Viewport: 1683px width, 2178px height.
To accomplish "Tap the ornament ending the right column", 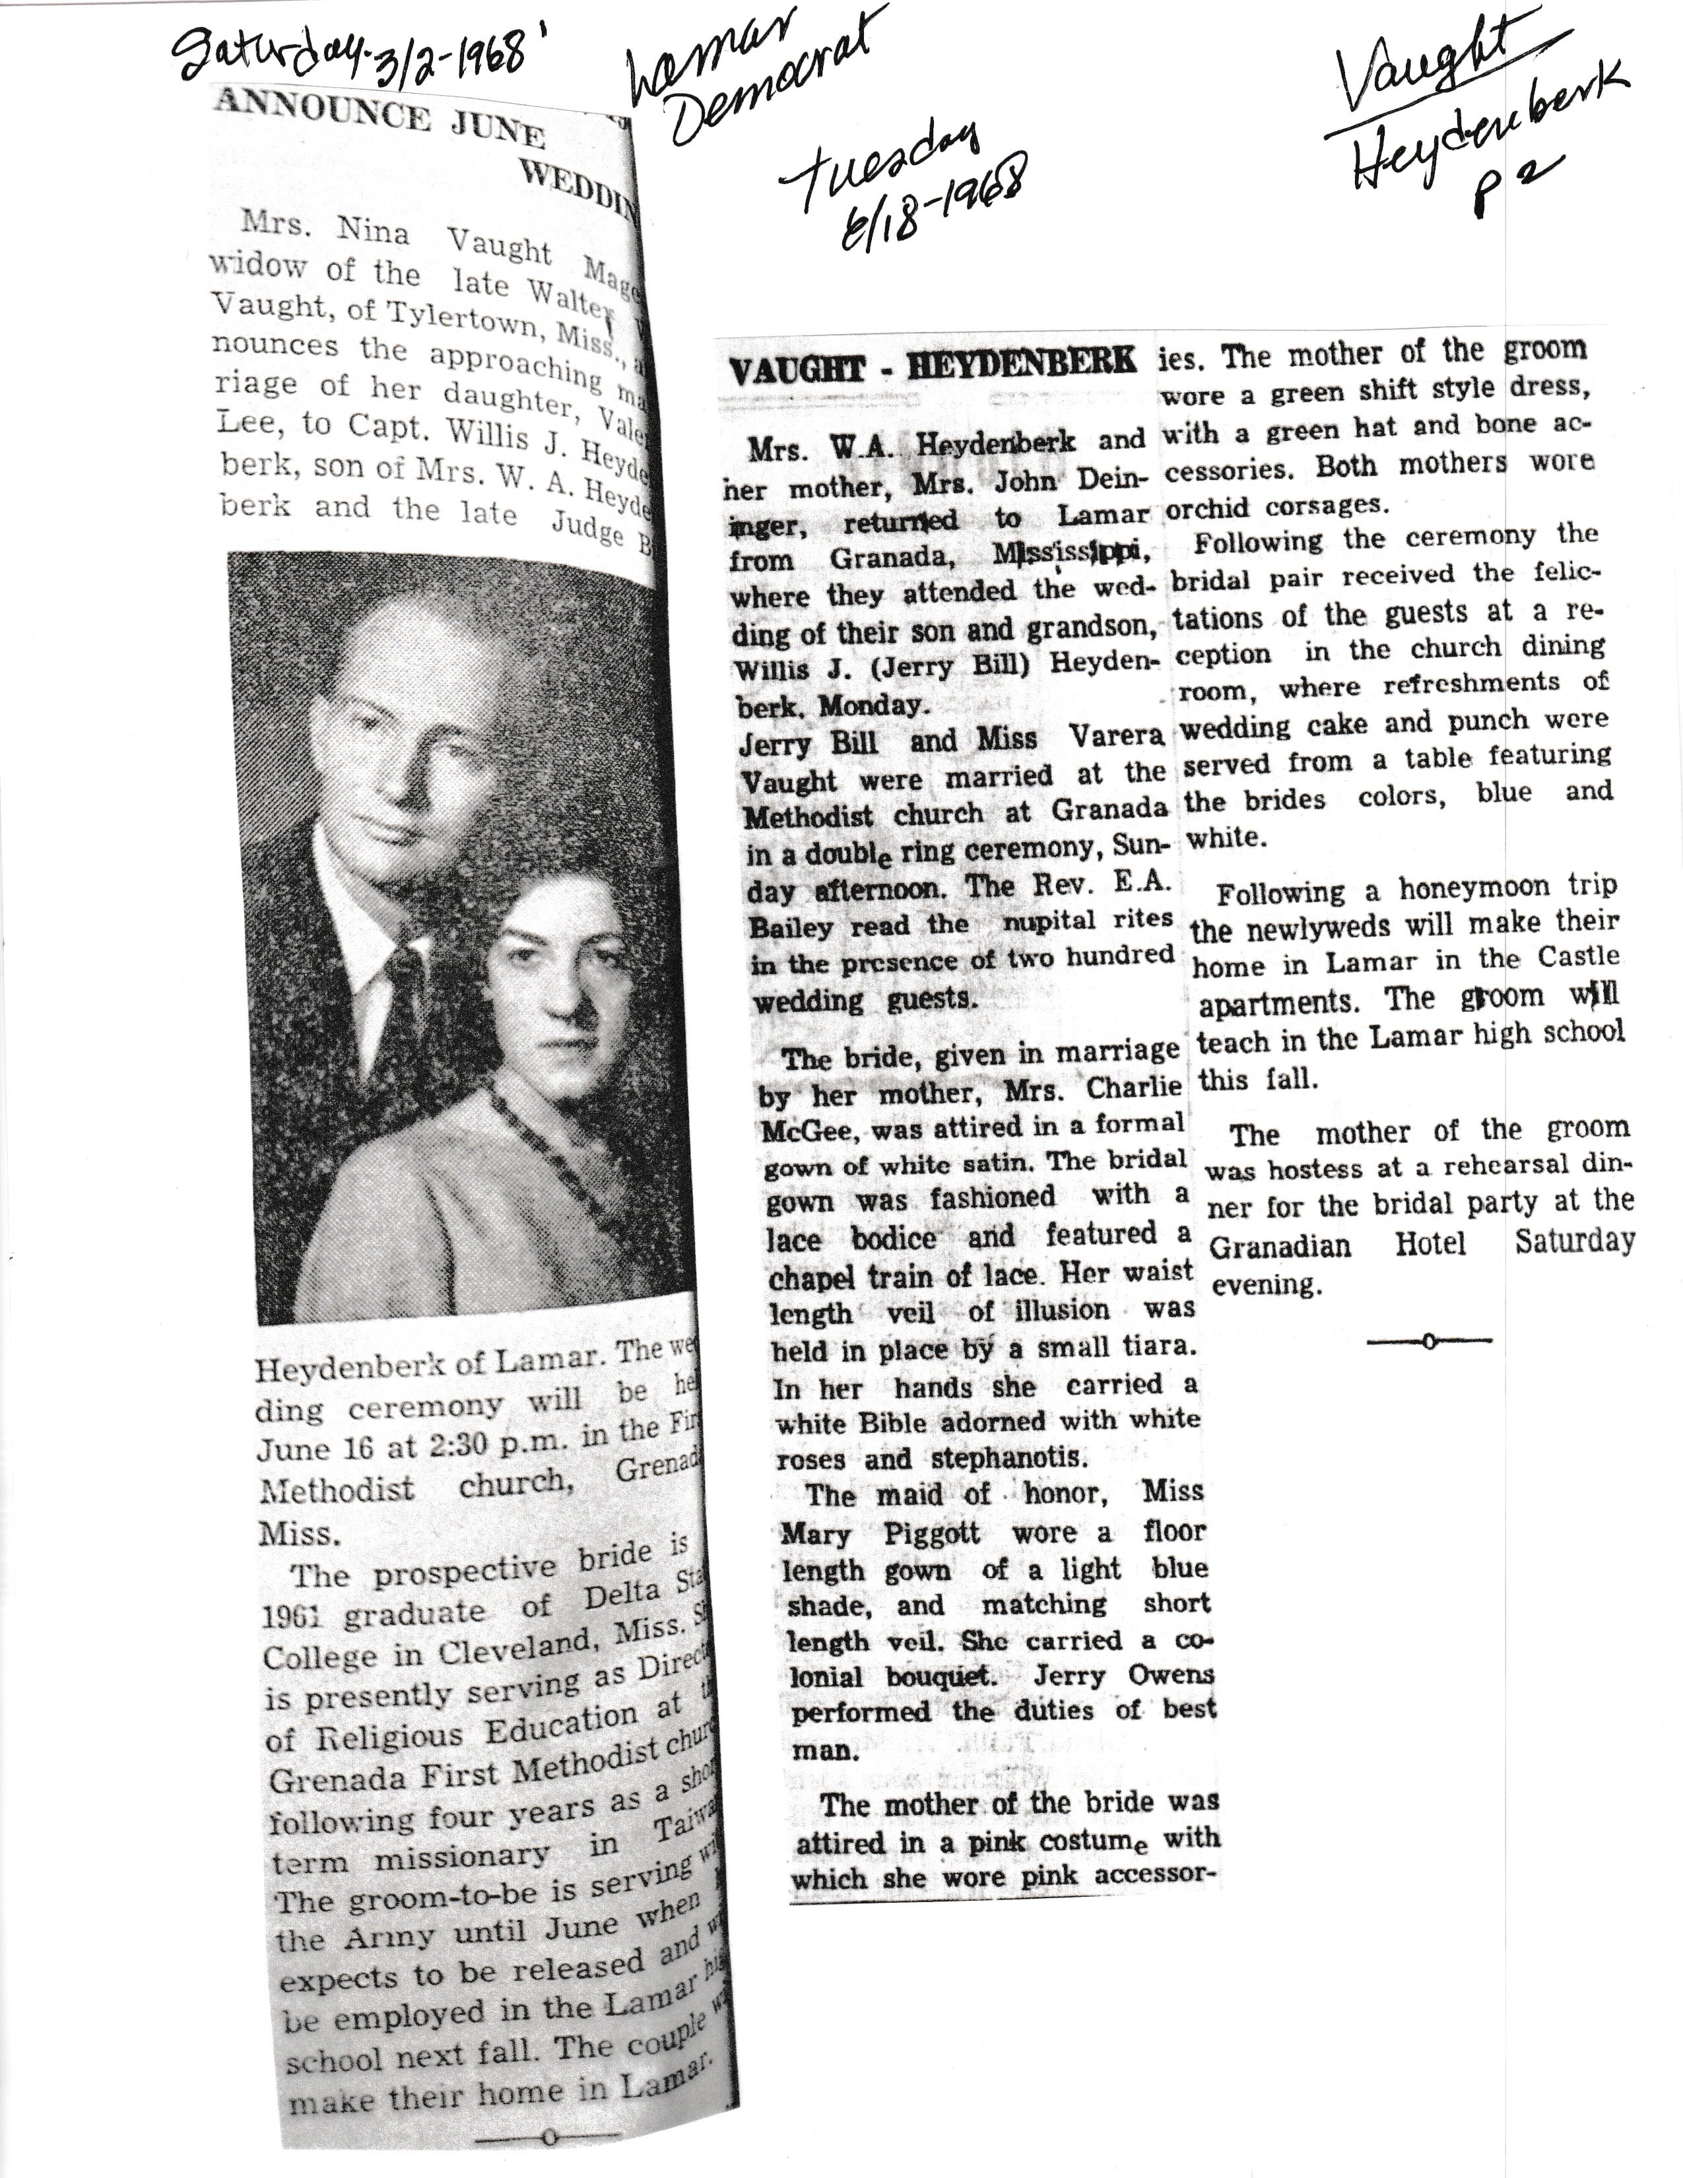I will click(x=1429, y=1341).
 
